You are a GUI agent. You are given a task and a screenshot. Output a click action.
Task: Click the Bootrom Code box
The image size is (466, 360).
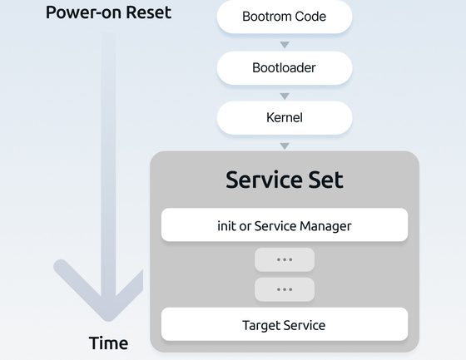coord(285,17)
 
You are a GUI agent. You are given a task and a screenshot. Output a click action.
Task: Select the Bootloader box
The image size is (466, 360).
coord(285,68)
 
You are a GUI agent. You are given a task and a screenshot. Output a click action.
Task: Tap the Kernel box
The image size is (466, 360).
coord(285,118)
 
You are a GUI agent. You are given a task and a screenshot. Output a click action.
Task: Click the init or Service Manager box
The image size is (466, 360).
coord(285,224)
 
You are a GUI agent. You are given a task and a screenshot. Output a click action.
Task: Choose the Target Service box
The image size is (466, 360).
coord(285,324)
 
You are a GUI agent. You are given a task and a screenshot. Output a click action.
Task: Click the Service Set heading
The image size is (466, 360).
coord(285,180)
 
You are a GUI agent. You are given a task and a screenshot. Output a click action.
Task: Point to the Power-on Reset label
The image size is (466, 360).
coord(108,12)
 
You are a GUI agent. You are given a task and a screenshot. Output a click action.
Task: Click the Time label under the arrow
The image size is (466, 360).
coord(108,343)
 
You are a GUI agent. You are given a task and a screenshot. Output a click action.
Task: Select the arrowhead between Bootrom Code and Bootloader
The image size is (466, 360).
coord(285,45)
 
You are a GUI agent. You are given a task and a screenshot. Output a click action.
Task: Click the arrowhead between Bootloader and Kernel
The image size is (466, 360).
coord(285,96)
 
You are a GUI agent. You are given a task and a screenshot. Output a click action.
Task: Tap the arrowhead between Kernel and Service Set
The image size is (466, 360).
coord(285,146)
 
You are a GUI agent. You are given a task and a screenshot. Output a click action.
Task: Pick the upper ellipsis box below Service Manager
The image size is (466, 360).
coord(285,259)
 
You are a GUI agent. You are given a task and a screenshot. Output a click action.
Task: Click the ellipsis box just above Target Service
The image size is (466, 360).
coord(285,289)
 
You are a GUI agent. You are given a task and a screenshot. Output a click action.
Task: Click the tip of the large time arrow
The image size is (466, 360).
coord(108,321)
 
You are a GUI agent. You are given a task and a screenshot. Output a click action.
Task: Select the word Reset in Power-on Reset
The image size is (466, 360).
coord(149,12)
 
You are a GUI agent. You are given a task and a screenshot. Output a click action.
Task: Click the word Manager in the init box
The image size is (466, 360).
coord(325,226)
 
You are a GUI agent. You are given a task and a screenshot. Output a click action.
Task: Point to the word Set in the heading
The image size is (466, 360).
coord(325,180)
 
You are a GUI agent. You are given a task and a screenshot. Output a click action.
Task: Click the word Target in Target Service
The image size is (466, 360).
coord(261,326)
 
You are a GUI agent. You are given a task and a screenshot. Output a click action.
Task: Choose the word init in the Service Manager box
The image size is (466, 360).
coord(226,226)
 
